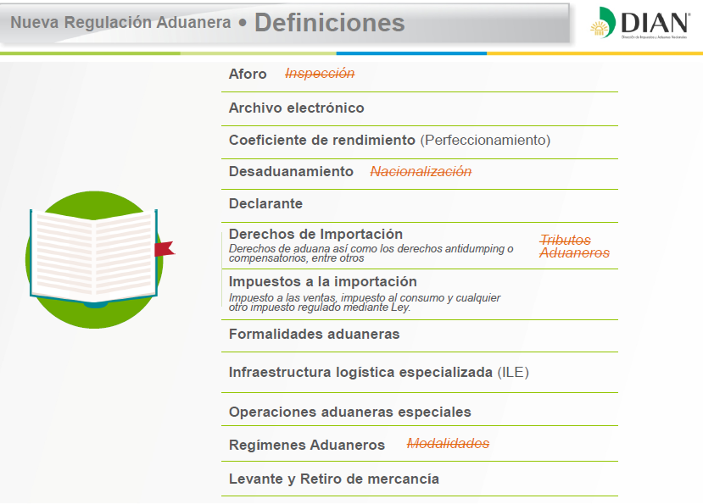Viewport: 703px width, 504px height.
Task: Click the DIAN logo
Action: click(639, 23)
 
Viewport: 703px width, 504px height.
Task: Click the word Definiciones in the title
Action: click(330, 23)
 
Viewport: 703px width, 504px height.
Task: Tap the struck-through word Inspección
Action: click(320, 73)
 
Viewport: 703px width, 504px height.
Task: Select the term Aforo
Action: click(248, 74)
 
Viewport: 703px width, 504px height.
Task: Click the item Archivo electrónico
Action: click(296, 108)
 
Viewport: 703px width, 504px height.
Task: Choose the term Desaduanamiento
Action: click(291, 172)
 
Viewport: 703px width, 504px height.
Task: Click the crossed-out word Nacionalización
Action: click(421, 172)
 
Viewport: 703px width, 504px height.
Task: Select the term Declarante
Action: click(266, 204)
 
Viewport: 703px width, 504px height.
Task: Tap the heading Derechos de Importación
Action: click(315, 234)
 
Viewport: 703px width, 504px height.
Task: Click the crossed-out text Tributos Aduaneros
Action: click(574, 246)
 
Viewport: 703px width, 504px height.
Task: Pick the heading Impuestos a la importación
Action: click(323, 282)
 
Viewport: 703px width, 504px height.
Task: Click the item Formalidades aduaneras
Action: click(315, 335)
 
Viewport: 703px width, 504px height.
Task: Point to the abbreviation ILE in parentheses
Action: click(513, 373)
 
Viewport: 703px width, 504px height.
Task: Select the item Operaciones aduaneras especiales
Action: click(350, 413)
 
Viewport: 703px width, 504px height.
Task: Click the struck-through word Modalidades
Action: click(448, 444)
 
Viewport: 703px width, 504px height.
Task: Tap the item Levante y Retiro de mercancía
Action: click(334, 479)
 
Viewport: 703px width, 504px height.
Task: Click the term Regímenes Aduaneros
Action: click(307, 445)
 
